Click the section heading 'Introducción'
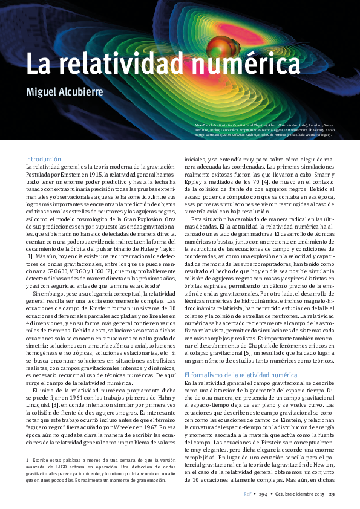coord(44,158)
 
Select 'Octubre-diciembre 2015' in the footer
coord(298,494)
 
